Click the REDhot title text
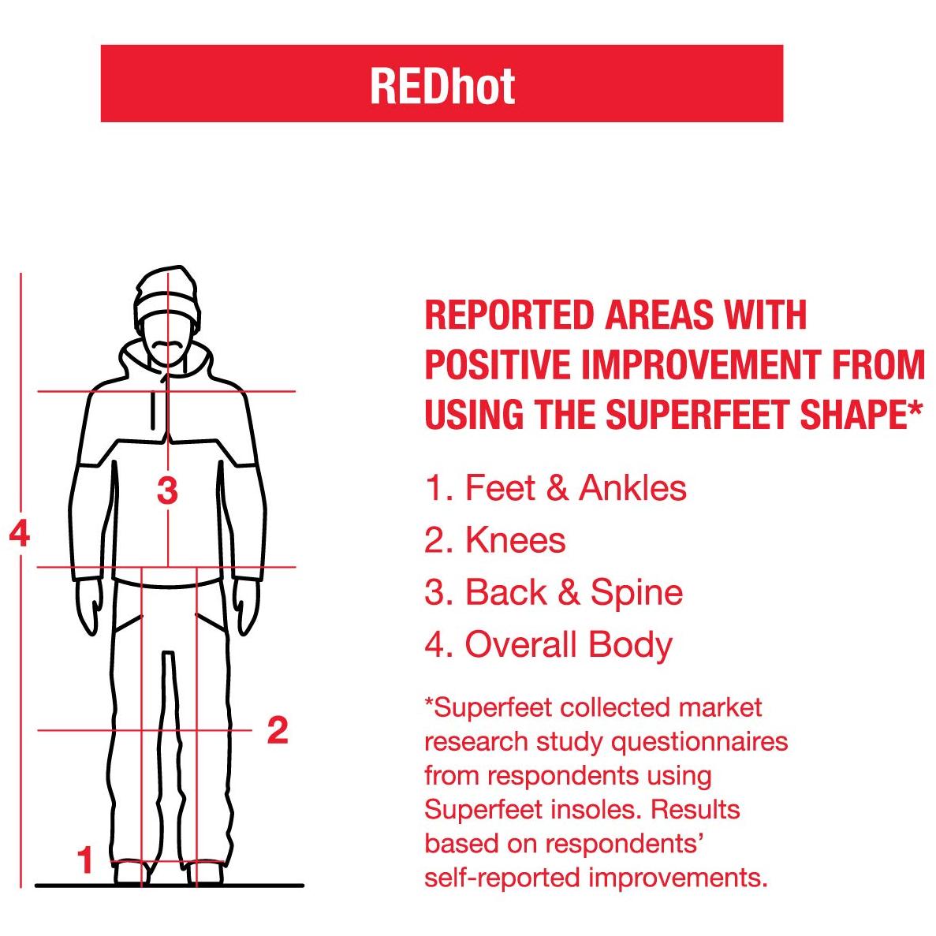tap(442, 87)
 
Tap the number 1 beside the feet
tap(86, 860)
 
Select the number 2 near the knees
tap(278, 730)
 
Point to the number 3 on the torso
tap(168, 490)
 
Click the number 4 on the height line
tap(20, 533)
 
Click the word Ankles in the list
tap(632, 487)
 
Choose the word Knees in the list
tap(515, 540)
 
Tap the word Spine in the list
tap(636, 593)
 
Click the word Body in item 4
tap(630, 646)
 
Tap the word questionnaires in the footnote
tap(699, 743)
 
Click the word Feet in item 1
tap(500, 487)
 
